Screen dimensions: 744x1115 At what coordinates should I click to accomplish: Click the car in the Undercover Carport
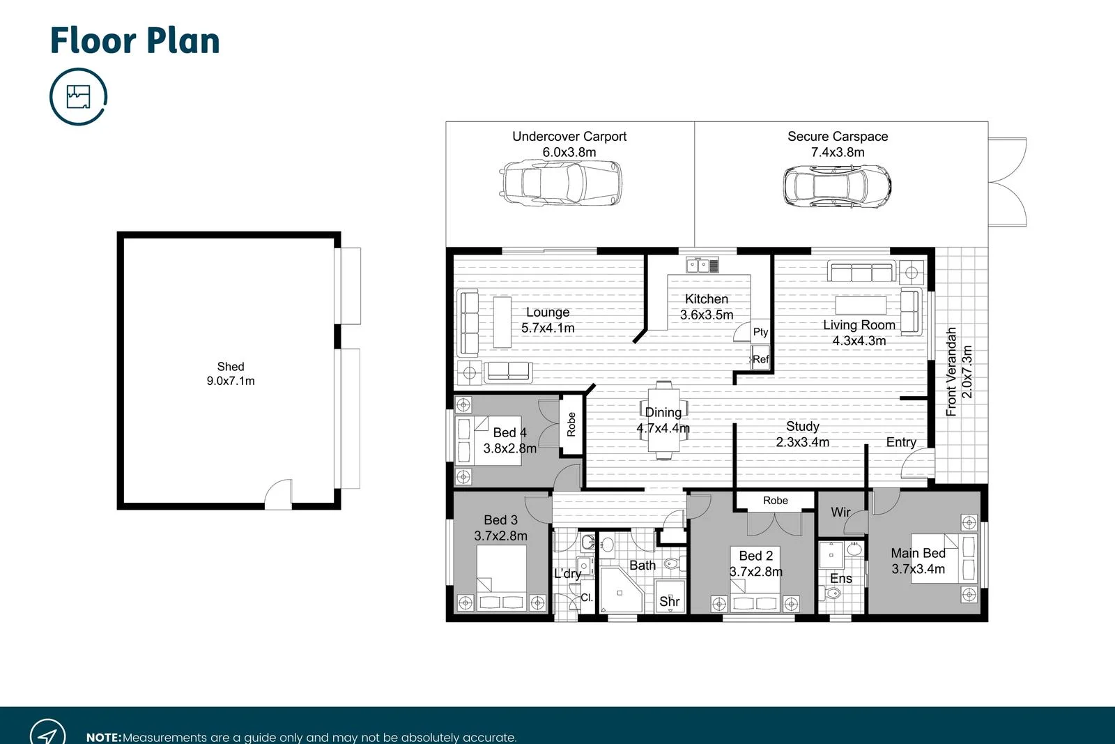click(561, 183)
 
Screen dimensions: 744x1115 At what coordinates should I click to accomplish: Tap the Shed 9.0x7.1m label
click(231, 374)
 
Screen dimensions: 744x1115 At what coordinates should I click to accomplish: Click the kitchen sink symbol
click(702, 265)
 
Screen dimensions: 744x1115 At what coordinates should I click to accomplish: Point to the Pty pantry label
click(760, 332)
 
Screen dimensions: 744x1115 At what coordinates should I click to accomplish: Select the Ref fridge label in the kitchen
click(760, 359)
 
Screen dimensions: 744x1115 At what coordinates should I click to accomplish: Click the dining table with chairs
click(663, 420)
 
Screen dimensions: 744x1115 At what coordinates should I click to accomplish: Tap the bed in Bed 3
click(501, 577)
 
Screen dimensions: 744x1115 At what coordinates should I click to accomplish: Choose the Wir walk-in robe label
click(840, 512)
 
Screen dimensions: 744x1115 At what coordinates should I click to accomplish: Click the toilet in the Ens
click(832, 593)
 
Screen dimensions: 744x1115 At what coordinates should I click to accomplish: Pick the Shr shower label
click(669, 601)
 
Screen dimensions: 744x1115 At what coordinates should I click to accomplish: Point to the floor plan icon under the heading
click(78, 96)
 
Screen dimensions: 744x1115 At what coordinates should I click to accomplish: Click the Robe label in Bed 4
click(571, 424)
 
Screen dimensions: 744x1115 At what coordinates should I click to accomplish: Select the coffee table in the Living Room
click(861, 305)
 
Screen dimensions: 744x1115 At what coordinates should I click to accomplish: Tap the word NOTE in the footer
click(103, 737)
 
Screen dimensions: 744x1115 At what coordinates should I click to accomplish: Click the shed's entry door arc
click(278, 492)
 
